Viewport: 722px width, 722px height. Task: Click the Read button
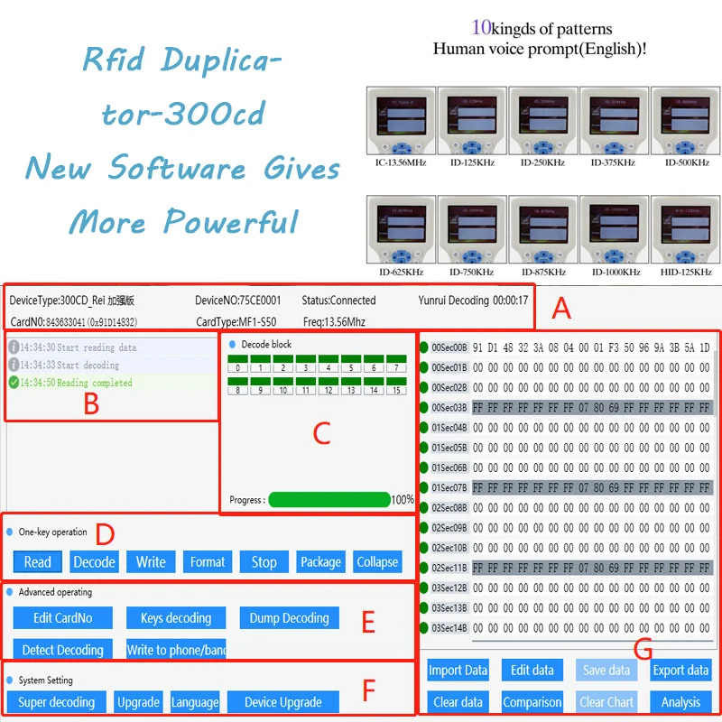38,562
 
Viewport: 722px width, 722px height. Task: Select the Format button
208,562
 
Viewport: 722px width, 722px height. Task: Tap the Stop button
264,562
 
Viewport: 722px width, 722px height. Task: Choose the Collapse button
377,562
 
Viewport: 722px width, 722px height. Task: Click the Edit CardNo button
62,618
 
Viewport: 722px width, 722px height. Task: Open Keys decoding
176,618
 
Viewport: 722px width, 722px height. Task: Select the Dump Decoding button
289,618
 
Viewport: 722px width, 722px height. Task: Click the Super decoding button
56,702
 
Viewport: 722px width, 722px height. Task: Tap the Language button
195,702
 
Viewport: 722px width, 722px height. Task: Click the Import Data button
458,670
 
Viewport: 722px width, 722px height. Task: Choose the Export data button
680,670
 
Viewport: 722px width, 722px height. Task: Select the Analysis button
680,702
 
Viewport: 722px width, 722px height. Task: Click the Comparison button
532,702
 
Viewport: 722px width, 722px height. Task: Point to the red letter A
561,310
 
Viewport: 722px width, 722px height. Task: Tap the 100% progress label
403,500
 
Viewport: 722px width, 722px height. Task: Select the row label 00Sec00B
449,347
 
